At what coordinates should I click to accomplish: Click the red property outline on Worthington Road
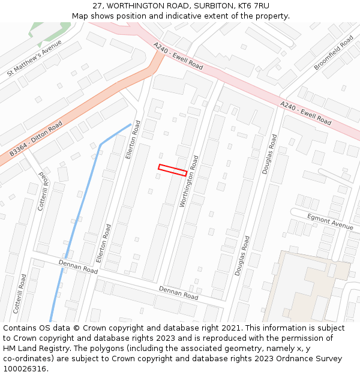coord(172,170)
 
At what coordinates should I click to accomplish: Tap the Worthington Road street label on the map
coord(189,182)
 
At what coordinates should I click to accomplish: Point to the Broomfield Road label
coord(333,53)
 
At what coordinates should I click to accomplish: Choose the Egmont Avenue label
coord(330,221)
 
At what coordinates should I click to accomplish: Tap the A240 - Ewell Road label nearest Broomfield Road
coord(305,113)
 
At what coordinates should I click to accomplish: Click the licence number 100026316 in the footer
coord(25,368)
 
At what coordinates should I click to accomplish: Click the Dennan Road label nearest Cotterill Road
coord(78,267)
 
